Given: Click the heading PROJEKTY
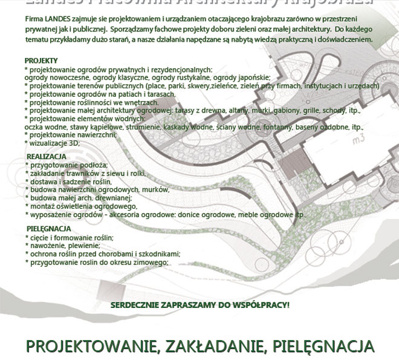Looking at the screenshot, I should pyautogui.click(x=41, y=61).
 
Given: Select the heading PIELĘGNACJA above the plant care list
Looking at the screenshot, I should pyautogui.click(x=49, y=229).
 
